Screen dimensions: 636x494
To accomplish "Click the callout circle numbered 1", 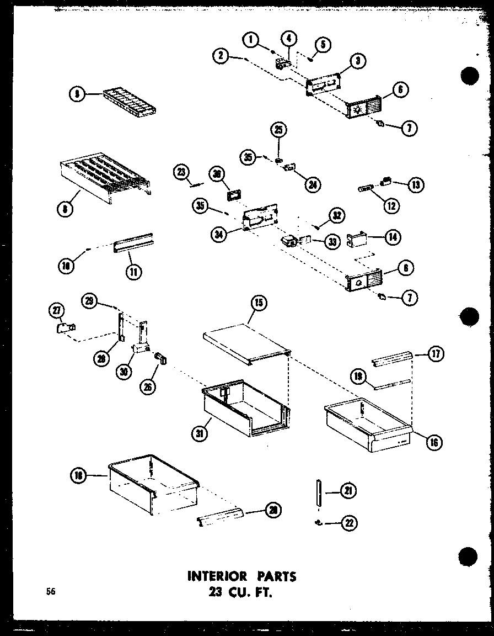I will tap(251, 39).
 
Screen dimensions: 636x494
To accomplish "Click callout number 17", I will tap(436, 354).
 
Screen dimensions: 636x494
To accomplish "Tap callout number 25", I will tap(278, 130).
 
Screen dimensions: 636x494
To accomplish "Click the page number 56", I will tap(51, 592).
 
